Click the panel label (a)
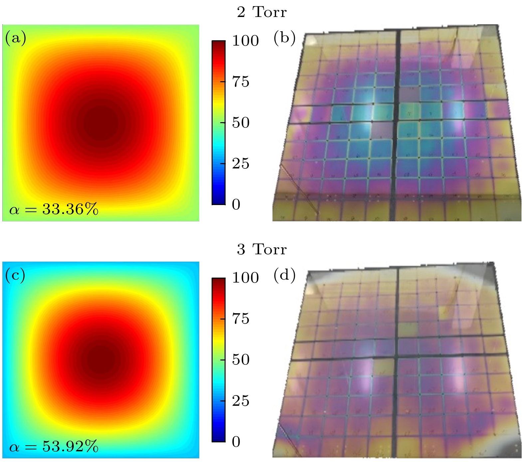tap(15, 38)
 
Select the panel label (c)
tap(15, 275)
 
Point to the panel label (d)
tap(284, 275)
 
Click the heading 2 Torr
tap(262, 12)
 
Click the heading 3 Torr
tap(262, 249)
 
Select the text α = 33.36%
tap(54, 209)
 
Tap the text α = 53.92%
tap(54, 446)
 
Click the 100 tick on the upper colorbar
tap(245, 41)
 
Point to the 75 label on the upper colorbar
tap(241, 82)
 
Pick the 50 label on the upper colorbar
tap(241, 122)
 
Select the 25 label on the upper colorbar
tap(241, 163)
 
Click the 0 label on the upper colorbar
tap(236, 204)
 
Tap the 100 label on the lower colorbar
tap(245, 278)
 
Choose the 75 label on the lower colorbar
tap(241, 319)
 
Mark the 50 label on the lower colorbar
tap(241, 359)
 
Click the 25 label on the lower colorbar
tap(241, 401)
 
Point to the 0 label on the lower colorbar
tap(236, 442)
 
